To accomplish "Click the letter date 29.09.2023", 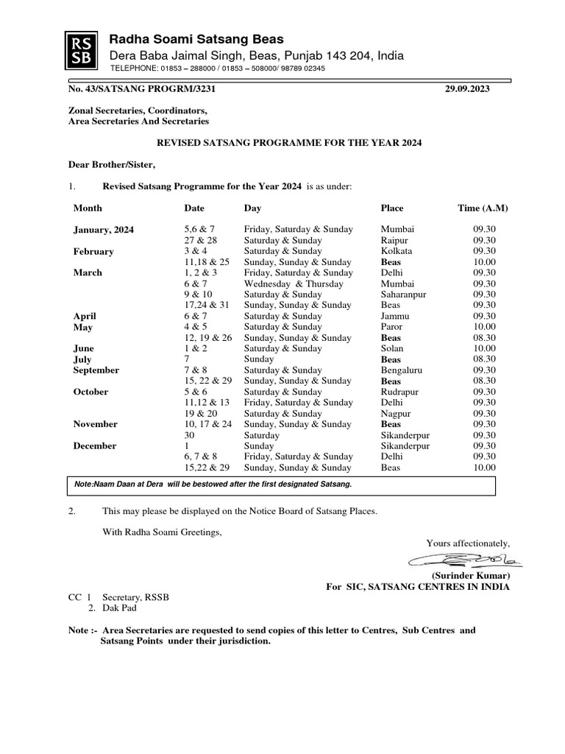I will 467,89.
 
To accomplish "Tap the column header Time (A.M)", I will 483,208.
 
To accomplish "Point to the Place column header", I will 392,208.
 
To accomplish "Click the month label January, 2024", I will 104,230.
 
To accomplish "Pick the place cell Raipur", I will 396,241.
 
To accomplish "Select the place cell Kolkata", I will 397,251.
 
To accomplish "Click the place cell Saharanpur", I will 402,295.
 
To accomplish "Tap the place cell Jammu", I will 395,316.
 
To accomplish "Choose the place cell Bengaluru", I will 401,370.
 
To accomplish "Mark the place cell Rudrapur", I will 399,392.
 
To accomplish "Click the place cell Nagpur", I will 396,414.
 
